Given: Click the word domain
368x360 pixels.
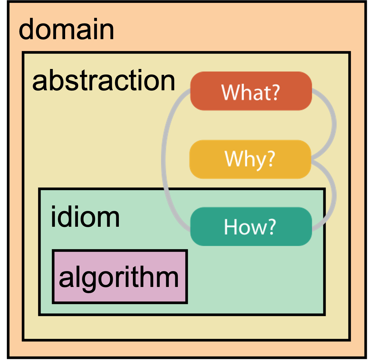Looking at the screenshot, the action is click(66, 29).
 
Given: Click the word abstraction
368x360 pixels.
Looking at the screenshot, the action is click(104, 80).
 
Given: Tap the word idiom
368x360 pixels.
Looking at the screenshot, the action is click(85, 217).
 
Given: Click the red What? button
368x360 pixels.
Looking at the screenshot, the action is click(251, 91).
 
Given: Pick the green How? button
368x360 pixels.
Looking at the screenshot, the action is click(251, 226).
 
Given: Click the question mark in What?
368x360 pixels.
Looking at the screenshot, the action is click(276, 92).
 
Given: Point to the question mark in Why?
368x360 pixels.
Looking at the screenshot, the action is click(271, 159).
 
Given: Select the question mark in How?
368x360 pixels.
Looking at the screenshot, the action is click(272, 227).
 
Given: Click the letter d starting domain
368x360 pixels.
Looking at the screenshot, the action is click(26, 29).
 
